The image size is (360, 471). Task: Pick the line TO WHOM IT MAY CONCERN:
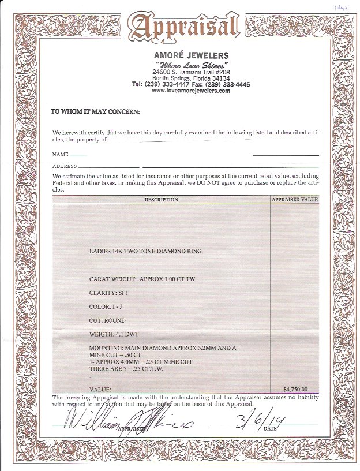(x=95, y=111)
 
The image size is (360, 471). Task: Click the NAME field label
(x=61, y=155)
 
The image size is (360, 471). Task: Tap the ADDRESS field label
(x=65, y=166)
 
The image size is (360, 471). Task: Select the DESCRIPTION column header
(x=161, y=200)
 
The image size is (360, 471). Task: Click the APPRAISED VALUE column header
(x=294, y=200)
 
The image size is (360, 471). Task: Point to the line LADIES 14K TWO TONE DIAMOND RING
(x=145, y=252)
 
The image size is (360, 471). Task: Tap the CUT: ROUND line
(x=107, y=320)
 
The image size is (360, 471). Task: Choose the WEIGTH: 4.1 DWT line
(x=114, y=334)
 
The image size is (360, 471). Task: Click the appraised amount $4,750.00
(x=295, y=388)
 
